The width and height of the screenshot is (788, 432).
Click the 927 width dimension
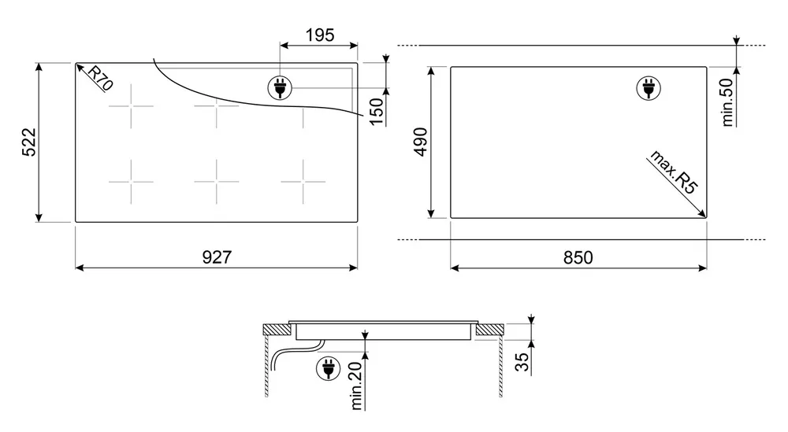click(x=217, y=257)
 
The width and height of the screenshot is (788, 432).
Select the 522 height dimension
click(x=29, y=142)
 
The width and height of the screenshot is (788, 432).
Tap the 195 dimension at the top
click(x=320, y=35)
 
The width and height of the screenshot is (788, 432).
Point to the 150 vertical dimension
click(x=376, y=112)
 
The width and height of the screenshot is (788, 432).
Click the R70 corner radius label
click(x=100, y=78)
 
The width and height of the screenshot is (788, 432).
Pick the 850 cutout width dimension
click(x=578, y=257)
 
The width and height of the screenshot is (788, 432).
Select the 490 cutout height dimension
click(x=420, y=142)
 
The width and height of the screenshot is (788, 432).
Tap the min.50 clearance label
click(x=727, y=102)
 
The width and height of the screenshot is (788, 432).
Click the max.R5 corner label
click(x=675, y=172)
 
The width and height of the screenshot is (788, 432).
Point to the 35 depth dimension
click(x=522, y=362)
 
